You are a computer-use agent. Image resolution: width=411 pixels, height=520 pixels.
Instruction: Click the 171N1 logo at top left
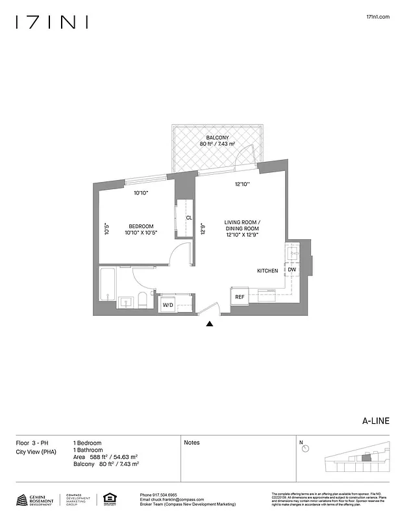(x=52, y=22)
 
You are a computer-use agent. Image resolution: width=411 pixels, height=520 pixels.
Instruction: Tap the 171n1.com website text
(x=377, y=18)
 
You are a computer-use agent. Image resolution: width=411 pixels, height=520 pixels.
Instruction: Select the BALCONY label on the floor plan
(x=216, y=138)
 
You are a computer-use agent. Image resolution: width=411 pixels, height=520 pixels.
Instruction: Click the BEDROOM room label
(x=140, y=226)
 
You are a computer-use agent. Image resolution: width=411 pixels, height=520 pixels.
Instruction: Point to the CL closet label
(x=189, y=218)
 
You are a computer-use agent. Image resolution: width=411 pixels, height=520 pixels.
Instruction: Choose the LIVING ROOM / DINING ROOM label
(x=242, y=225)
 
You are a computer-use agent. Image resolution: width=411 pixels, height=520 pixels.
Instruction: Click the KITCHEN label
(x=268, y=270)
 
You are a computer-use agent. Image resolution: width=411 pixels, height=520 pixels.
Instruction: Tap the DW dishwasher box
(x=292, y=270)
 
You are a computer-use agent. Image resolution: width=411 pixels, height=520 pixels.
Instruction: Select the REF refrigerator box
(x=240, y=297)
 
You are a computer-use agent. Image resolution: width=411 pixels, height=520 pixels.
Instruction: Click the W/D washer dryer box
(x=168, y=304)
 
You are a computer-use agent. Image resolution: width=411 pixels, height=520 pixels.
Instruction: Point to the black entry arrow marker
(x=210, y=323)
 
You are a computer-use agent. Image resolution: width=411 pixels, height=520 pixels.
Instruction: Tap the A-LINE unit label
(x=375, y=421)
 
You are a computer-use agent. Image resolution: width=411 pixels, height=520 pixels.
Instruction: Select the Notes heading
(x=192, y=443)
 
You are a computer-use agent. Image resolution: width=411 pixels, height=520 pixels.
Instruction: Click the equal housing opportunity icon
(x=108, y=499)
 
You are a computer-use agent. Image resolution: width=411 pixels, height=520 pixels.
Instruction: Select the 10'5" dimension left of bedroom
(x=106, y=229)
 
